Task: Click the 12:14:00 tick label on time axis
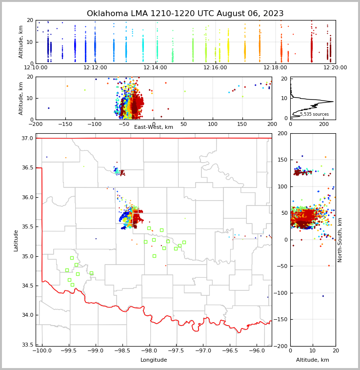click(155, 68)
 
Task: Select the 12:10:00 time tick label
click(36, 68)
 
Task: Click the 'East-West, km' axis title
click(154, 127)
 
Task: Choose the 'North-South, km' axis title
click(340, 240)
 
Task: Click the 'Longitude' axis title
click(154, 360)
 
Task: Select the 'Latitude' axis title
click(16, 240)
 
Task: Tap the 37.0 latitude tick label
click(27, 139)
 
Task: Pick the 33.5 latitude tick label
click(27, 345)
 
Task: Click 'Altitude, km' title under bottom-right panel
click(313, 360)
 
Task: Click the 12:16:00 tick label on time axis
click(215, 68)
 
